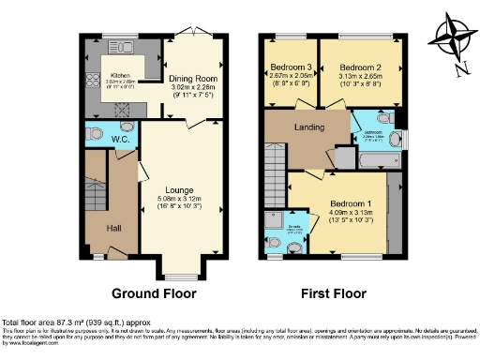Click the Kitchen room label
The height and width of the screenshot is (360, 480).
tap(120, 74)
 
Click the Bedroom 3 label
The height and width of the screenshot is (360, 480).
tap(285, 67)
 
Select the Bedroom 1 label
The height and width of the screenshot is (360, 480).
tap(352, 204)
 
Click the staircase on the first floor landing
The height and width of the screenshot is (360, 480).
tap(276, 169)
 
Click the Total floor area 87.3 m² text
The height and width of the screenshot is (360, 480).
tap(61, 322)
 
